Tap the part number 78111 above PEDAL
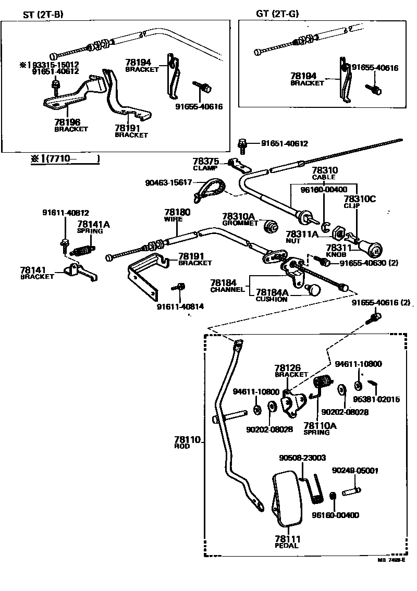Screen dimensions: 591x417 [x=287, y=538]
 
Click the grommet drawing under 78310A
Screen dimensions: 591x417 [x=271, y=227]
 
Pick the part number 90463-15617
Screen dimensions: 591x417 [x=169, y=182]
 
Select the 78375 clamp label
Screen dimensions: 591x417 [x=205, y=162]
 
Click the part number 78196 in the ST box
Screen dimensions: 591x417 [x=68, y=121]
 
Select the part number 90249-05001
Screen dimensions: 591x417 [x=355, y=471]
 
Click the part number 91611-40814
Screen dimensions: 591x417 [x=180, y=306]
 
